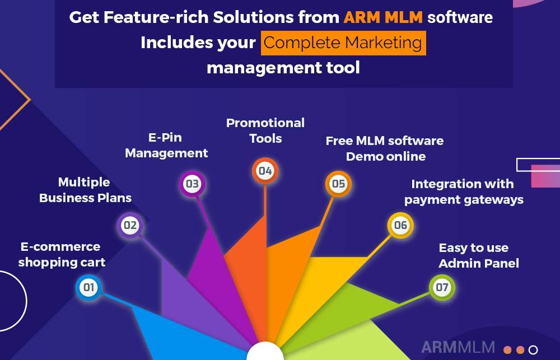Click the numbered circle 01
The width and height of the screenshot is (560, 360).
tap(88, 288)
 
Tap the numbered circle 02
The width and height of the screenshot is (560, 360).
tap(130, 226)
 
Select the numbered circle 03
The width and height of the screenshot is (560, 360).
tap(192, 184)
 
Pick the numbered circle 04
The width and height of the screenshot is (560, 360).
tap(265, 171)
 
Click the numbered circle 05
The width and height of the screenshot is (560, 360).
tap(338, 184)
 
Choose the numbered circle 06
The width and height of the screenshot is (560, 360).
tap(400, 226)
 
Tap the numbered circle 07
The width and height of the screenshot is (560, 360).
tap(442, 288)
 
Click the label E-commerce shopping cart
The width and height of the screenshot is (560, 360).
tap(62, 254)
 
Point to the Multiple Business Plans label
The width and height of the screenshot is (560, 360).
tap(85, 190)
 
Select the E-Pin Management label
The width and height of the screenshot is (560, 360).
tap(166, 145)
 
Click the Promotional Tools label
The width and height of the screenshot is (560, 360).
tap(265, 130)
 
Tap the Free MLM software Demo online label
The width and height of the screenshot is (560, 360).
tap(385, 148)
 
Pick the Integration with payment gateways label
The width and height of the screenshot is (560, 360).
tap(463, 191)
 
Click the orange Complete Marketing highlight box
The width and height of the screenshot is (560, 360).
tap(343, 43)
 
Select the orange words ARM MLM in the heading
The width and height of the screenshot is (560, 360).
tap(383, 17)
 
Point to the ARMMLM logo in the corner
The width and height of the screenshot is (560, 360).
tap(458, 347)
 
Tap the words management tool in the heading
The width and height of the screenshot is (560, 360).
tap(283, 68)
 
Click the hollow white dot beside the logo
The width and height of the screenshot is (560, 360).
tap(533, 350)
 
